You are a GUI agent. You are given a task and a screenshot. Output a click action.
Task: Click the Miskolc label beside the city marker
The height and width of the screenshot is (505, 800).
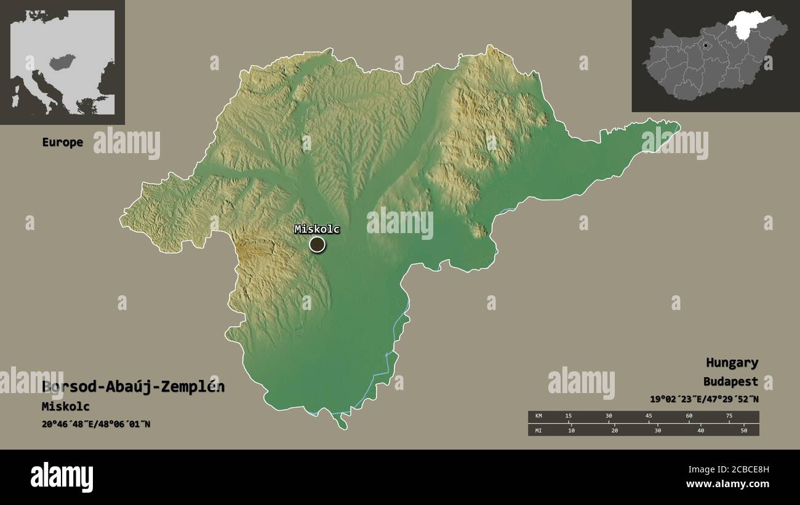click(x=317, y=229)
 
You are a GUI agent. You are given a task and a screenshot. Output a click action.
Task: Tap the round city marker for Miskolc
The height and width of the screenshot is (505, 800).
click(x=317, y=245)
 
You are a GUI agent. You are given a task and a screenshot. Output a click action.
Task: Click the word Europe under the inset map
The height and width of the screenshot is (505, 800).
click(x=62, y=142)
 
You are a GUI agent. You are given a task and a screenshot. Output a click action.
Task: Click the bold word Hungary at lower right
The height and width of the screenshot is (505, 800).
click(x=732, y=363)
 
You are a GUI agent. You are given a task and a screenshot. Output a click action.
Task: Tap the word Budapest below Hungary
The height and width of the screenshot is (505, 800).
click(x=731, y=381)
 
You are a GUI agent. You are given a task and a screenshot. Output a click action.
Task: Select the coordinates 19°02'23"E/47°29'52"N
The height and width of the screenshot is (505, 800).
click(x=704, y=399)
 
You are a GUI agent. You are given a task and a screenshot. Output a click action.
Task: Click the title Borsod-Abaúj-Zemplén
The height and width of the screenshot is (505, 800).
click(x=134, y=387)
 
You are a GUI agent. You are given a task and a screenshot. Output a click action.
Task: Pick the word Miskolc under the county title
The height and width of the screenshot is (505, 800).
click(x=66, y=407)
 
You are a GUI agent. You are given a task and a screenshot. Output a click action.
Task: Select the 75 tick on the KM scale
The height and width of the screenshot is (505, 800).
click(x=729, y=416)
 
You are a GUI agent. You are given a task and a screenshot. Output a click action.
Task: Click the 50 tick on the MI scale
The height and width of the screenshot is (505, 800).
click(x=743, y=430)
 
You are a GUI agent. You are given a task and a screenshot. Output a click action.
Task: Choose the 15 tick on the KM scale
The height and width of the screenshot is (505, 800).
click(x=569, y=416)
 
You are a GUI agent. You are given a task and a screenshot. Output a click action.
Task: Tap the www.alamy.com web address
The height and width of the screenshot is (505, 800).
click(x=726, y=484)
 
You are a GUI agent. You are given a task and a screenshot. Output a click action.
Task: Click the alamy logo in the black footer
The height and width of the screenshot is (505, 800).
click(x=62, y=477)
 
